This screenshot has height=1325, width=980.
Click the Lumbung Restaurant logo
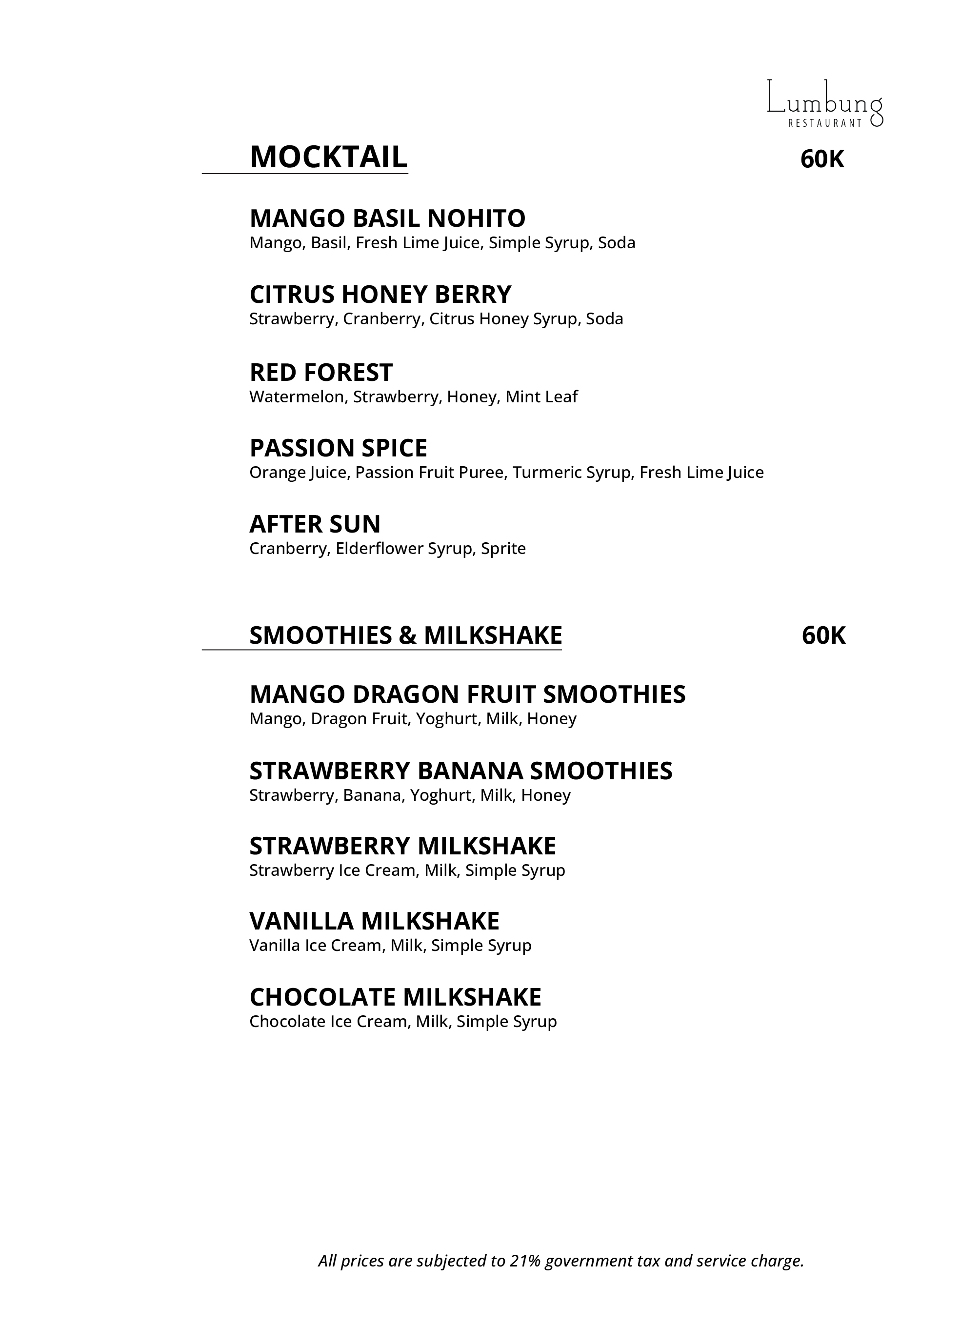pyautogui.click(x=824, y=104)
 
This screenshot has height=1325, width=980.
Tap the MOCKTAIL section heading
pyautogui.click(x=328, y=157)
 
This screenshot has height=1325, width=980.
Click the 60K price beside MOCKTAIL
pyautogui.click(x=821, y=159)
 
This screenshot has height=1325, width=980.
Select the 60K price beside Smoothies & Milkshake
pyautogui.click(x=823, y=635)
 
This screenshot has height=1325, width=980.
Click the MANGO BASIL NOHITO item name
pyautogui.click(x=387, y=218)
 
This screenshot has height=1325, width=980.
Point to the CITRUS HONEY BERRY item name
pyautogui.click(x=380, y=294)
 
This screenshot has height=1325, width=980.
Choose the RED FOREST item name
pyautogui.click(x=321, y=373)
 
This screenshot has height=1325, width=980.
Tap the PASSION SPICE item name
pyautogui.click(x=338, y=448)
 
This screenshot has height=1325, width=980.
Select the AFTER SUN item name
pyautogui.click(x=315, y=524)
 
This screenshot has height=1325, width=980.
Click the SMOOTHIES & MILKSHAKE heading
pyautogui.click(x=405, y=635)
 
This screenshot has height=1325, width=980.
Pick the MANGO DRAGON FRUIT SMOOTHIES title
pyautogui.click(x=467, y=694)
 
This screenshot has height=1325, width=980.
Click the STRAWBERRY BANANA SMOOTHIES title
pyautogui.click(x=461, y=771)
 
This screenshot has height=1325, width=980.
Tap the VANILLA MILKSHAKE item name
pyautogui.click(x=374, y=921)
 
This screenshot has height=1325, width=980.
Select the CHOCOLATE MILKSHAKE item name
pyautogui.click(x=395, y=997)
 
